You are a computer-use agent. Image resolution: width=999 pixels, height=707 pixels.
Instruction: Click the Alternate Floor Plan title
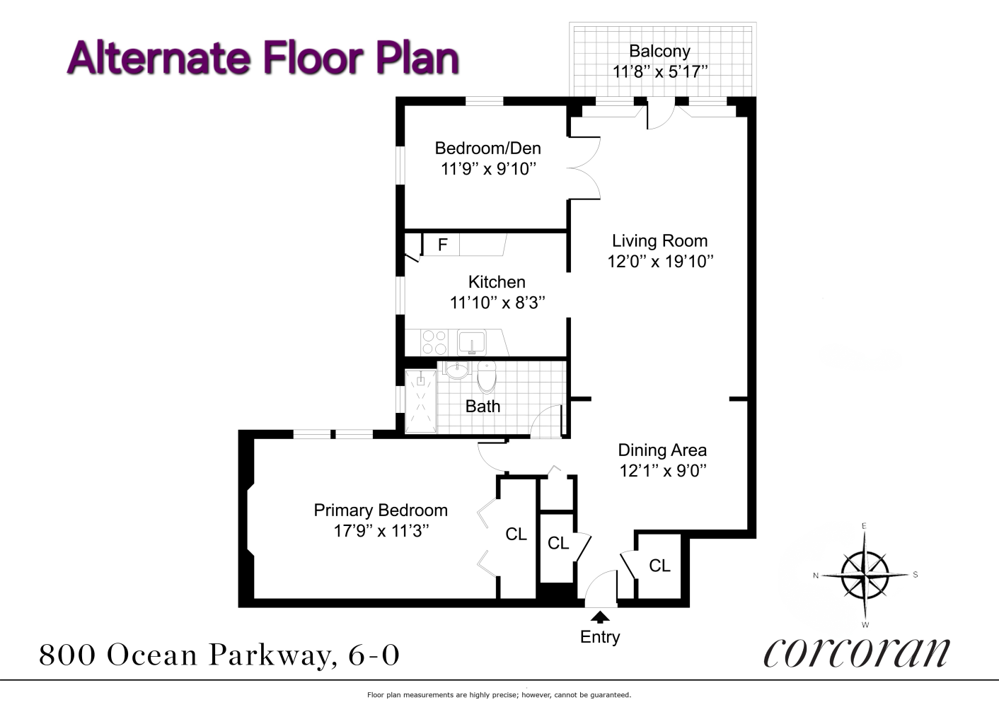(x=263, y=58)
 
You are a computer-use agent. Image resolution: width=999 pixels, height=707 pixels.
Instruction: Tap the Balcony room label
(x=659, y=51)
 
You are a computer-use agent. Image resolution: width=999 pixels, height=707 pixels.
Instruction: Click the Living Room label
(x=659, y=240)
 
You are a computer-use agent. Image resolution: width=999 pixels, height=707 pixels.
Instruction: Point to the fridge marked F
(x=442, y=245)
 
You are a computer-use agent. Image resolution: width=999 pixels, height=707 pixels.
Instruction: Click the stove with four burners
(x=434, y=343)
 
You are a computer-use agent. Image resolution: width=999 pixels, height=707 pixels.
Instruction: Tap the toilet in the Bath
(x=486, y=376)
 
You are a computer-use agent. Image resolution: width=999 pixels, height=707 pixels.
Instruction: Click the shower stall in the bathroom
(x=420, y=401)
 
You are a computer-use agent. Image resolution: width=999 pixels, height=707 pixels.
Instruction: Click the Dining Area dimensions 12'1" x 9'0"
(x=662, y=470)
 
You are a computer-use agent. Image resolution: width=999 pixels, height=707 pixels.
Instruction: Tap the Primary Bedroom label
(x=381, y=510)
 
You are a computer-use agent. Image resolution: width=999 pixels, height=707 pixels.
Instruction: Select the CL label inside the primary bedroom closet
(x=516, y=534)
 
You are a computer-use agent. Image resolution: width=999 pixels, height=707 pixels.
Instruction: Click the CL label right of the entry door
(x=659, y=566)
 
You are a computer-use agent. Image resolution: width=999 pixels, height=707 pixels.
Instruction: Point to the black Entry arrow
(x=600, y=617)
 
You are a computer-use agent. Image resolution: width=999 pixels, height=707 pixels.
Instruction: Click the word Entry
(x=600, y=637)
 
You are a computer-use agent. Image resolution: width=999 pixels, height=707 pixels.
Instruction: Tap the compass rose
(x=864, y=574)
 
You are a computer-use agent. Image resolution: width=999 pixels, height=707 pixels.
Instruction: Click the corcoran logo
(x=857, y=652)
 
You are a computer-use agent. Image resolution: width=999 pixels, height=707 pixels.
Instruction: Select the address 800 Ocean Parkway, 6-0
(x=219, y=655)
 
